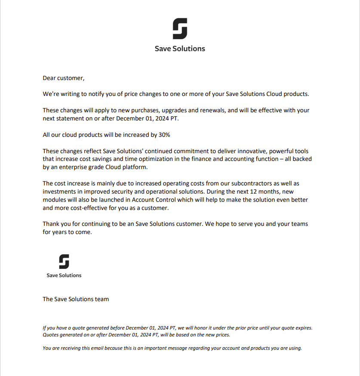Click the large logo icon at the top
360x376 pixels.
[x=180, y=29]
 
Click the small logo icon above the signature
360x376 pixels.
[x=64, y=262]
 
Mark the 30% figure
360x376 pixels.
[x=164, y=135]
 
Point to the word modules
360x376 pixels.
[x=55, y=200]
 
